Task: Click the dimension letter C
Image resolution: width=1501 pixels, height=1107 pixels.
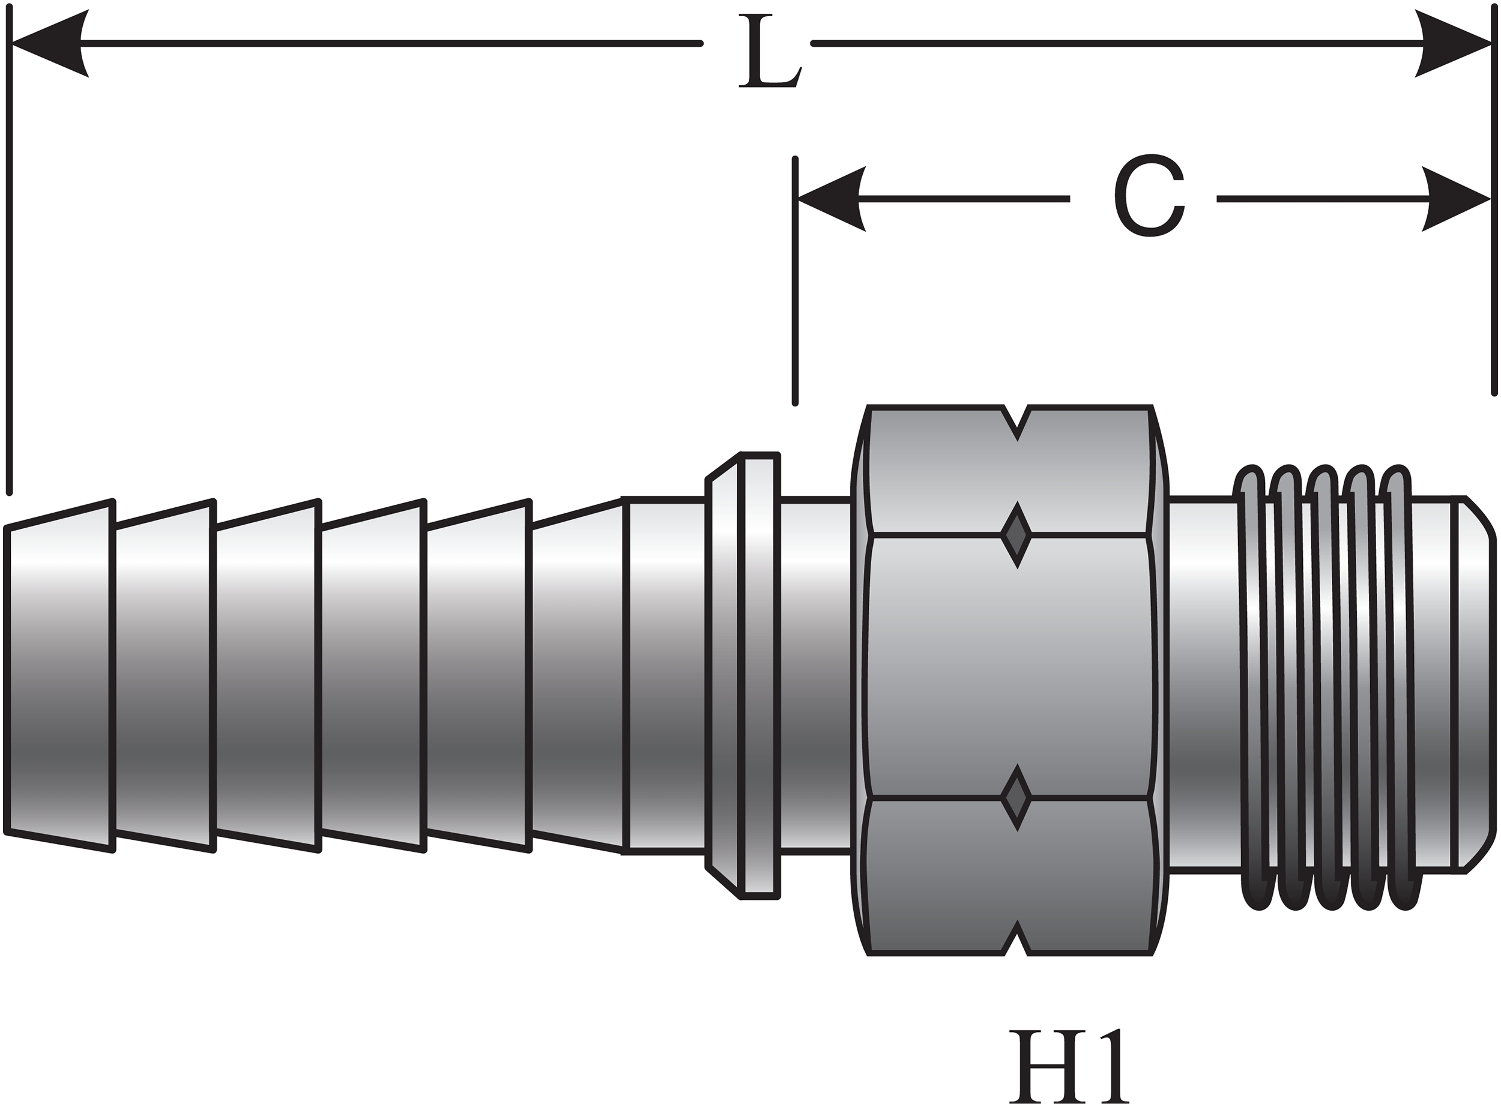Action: click(1150, 196)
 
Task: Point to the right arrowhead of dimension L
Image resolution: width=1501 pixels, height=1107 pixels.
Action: click(1454, 44)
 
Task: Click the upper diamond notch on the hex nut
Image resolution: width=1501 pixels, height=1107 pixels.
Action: click(1016, 534)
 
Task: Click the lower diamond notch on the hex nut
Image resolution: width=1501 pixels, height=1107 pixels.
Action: click(1016, 797)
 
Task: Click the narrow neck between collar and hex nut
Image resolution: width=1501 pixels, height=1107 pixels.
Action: click(815, 675)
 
